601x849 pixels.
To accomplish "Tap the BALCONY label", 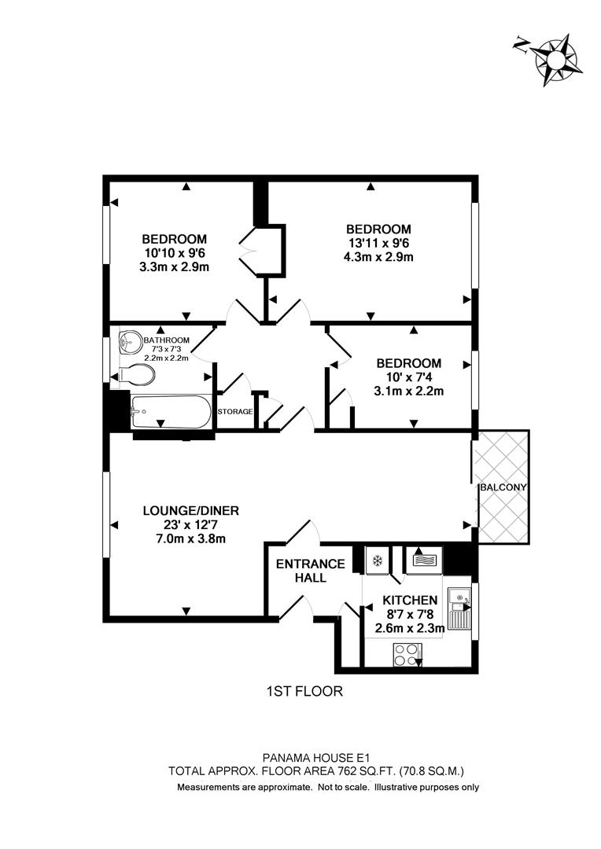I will pyautogui.click(x=503, y=487).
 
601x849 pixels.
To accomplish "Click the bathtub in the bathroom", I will pyautogui.click(x=171, y=411).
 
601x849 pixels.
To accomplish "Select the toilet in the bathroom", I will pyautogui.click(x=138, y=376).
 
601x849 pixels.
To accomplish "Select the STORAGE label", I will pyautogui.click(x=235, y=412).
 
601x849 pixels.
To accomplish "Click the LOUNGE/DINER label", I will pyautogui.click(x=191, y=510).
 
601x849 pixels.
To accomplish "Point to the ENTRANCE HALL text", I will pyautogui.click(x=310, y=571).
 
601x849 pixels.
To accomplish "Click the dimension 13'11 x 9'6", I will pyautogui.click(x=380, y=242).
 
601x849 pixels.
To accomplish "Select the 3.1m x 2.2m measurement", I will pyautogui.click(x=409, y=391).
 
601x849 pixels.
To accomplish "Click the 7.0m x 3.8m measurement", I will pyautogui.click(x=191, y=538).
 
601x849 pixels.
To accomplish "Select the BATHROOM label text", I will pyautogui.click(x=167, y=340).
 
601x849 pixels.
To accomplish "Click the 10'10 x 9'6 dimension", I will pyautogui.click(x=175, y=253).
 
